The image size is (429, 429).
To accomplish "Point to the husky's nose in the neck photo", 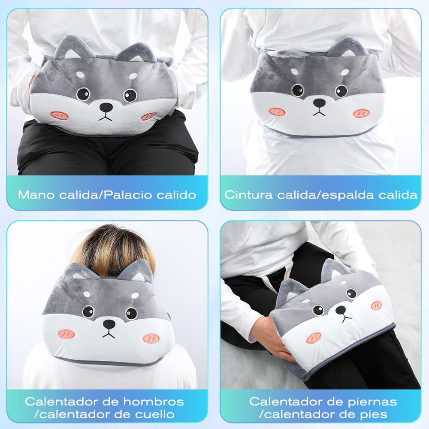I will pos(109,325).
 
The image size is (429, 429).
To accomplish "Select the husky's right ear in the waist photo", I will pos(347,47).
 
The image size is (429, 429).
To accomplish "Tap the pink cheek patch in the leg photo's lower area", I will pos(314,338).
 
